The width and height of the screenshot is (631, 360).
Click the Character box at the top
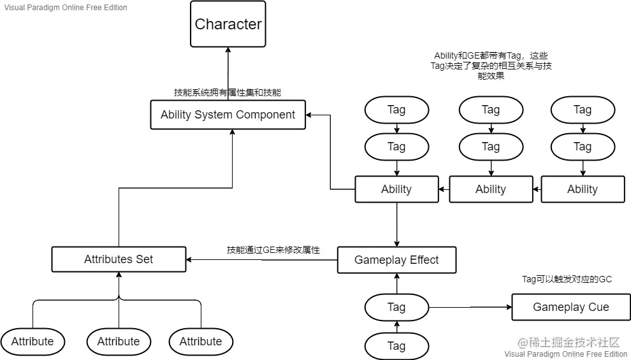click(x=228, y=24)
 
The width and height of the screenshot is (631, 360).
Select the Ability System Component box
click(x=228, y=115)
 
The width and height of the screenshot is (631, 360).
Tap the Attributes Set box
click(x=119, y=259)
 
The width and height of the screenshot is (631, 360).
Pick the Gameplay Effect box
click(x=396, y=260)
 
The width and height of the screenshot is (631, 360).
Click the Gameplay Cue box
click(x=570, y=307)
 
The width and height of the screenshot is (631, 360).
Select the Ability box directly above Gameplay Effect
click(x=396, y=189)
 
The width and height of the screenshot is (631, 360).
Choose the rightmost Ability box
click(x=583, y=189)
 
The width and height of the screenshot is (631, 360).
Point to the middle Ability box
click(x=490, y=189)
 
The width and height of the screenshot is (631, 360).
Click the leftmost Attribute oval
click(x=33, y=342)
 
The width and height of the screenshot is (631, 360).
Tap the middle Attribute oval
click(x=119, y=342)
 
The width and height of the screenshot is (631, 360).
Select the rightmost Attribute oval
click(x=201, y=342)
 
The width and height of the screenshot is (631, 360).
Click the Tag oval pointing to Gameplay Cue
click(x=396, y=307)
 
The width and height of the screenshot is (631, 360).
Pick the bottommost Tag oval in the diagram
click(x=396, y=345)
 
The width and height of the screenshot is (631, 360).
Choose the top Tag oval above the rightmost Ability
click(x=583, y=110)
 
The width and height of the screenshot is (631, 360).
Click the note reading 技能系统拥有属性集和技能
click(x=228, y=92)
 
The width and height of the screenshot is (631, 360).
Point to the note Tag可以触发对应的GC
click(x=567, y=279)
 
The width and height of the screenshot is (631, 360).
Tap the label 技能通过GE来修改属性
click(x=273, y=250)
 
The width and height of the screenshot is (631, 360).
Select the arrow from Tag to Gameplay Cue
click(x=470, y=307)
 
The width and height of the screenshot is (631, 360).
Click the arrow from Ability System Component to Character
click(x=228, y=73)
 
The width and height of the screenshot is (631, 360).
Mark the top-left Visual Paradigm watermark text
click(x=66, y=8)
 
